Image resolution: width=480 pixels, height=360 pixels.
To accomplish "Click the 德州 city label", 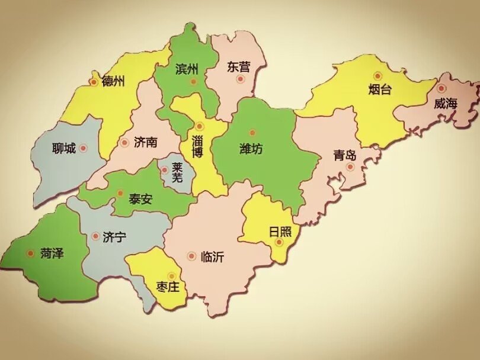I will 113,81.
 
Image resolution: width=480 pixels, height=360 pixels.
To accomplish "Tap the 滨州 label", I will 187,69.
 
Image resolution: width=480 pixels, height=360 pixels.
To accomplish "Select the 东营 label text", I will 238,67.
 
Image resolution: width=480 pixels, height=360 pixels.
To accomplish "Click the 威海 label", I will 446,104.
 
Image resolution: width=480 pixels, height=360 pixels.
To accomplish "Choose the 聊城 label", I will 63,148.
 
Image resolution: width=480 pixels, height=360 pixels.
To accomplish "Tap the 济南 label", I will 145,143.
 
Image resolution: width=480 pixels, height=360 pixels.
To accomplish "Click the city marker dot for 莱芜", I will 164,170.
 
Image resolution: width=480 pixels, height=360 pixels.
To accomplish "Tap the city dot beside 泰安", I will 120,192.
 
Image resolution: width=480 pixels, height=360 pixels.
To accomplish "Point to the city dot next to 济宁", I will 95,236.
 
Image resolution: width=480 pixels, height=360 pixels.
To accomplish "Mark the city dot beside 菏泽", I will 30,253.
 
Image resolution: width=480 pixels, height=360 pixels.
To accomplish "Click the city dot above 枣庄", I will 172,275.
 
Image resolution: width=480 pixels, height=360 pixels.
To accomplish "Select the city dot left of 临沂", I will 191,256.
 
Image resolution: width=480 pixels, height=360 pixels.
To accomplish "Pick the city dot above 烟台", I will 377,75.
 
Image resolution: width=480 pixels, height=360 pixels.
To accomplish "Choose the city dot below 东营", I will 240,79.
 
